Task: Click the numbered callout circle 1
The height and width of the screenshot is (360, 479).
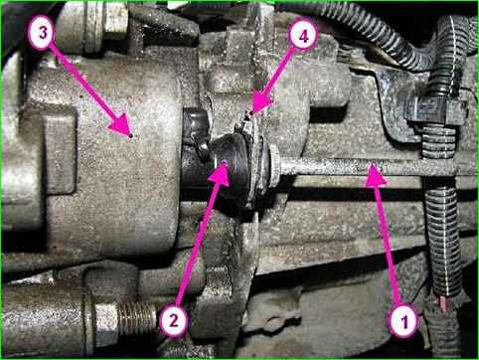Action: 404,321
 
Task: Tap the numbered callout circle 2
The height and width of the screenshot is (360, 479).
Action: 174,320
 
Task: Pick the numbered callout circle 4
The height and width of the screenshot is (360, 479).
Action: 303,36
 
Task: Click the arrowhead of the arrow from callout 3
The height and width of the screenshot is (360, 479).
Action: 122,126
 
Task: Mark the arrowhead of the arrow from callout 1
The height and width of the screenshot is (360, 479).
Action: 376,174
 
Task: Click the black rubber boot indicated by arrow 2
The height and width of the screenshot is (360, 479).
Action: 232,171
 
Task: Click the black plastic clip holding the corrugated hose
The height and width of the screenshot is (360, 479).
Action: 430,112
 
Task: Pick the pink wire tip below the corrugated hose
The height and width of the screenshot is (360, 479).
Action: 442,303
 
